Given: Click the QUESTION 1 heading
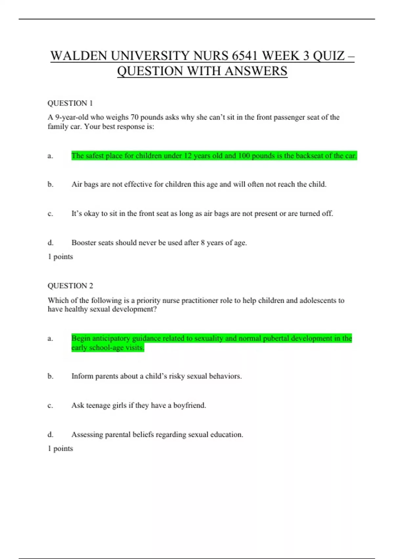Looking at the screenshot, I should (x=70, y=103).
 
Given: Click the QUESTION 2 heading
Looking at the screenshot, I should (x=70, y=286).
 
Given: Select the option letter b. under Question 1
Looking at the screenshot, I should (x=50, y=184).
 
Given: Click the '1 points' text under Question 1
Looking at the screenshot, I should (x=60, y=257).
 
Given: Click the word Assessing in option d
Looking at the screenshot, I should (x=87, y=435).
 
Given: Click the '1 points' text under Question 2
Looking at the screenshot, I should (x=60, y=449).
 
